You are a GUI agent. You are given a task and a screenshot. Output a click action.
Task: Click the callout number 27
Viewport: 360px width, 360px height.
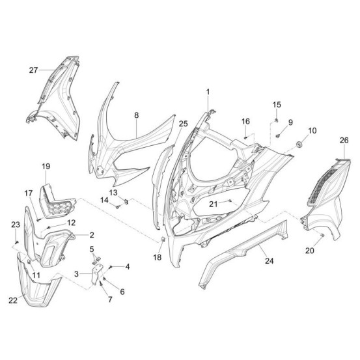[33, 70]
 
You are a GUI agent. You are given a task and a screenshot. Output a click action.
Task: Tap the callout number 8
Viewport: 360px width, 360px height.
[137, 115]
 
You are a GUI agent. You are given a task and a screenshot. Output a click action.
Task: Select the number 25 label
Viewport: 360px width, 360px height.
[183, 124]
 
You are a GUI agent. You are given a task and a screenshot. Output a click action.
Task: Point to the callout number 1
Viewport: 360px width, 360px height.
[208, 92]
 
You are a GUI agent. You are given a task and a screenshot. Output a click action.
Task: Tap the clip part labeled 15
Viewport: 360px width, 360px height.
[277, 120]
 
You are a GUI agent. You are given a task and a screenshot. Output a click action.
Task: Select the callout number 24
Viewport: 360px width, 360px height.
[270, 261]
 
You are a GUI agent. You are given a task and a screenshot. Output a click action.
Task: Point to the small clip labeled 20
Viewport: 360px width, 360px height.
[322, 234]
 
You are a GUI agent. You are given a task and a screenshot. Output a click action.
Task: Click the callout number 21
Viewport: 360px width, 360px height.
[214, 204]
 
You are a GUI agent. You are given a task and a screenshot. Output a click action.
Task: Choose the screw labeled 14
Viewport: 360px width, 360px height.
[118, 207]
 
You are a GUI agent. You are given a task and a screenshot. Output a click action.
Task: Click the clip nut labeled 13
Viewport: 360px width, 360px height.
[126, 202]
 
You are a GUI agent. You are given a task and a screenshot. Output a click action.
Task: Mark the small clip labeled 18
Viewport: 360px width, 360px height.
[163, 239]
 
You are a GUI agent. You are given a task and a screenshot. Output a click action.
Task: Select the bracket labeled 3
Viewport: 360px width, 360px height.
[96, 274]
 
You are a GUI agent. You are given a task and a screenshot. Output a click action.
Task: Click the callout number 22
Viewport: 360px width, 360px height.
[13, 300]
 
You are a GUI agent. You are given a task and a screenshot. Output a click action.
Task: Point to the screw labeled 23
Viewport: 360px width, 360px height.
[16, 242]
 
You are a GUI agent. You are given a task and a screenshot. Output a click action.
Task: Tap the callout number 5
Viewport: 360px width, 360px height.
[92, 249]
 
